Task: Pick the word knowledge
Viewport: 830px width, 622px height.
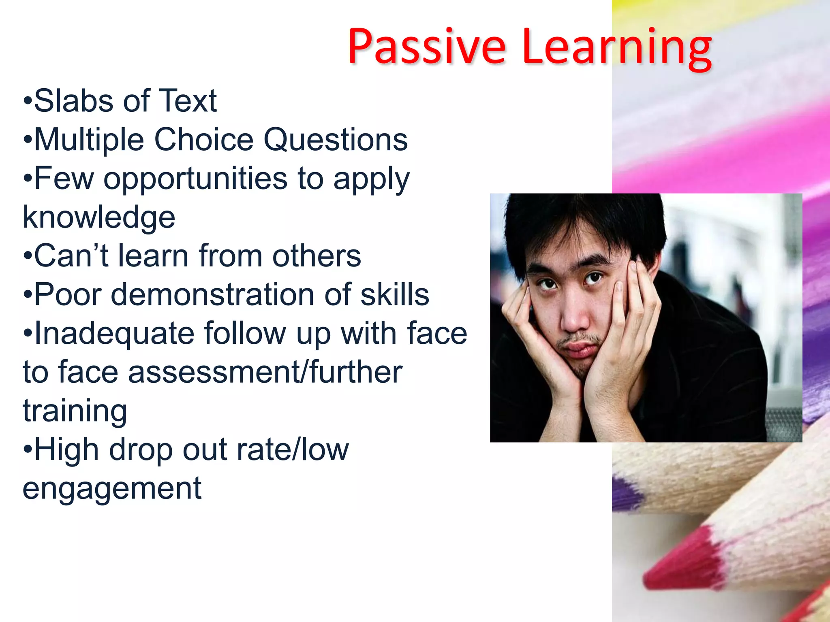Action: [99, 217]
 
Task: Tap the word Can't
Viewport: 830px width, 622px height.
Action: [71, 256]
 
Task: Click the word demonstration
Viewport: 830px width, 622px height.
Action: [212, 295]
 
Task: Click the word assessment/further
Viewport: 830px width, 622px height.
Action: [265, 372]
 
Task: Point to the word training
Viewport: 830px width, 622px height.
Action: [75, 411]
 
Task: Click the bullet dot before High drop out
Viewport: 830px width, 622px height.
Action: [28, 450]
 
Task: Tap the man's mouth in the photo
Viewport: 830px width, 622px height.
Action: [580, 348]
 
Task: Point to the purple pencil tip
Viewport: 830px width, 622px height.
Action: [626, 492]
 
